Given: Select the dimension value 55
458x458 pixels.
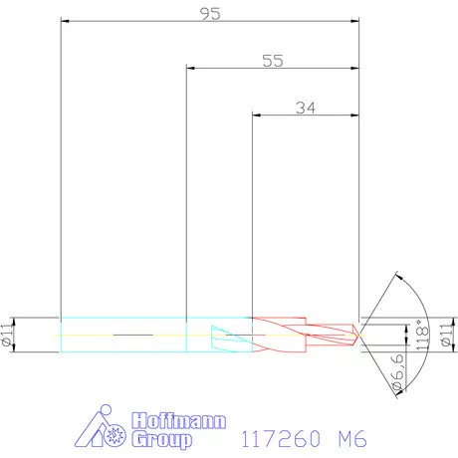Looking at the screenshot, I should pyautogui.click(x=273, y=60).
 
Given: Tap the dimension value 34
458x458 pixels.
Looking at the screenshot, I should pyautogui.click(x=307, y=108).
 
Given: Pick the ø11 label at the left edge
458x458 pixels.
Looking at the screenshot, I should pyautogui.click(x=9, y=335).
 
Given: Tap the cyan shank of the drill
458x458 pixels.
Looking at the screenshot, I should pyautogui.click(x=123, y=335).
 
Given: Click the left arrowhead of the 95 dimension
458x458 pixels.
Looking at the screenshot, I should pyautogui.click(x=66, y=20).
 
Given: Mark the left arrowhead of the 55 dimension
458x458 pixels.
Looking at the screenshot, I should pyautogui.click(x=192, y=69).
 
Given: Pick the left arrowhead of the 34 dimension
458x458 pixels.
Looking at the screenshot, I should pyautogui.click(x=258, y=116).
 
